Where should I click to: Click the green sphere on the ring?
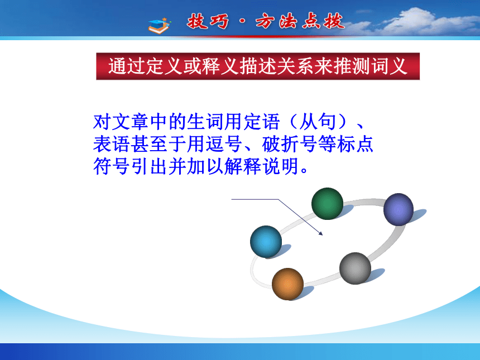(327, 204)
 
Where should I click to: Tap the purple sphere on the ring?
(399, 209)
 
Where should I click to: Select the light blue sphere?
(266, 242)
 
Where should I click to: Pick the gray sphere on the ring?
(355, 268)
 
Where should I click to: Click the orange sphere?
(287, 284)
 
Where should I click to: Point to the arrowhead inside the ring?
(321, 233)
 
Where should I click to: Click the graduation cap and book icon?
(160, 26)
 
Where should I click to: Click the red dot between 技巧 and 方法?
(242, 22)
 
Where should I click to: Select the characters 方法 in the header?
(276, 22)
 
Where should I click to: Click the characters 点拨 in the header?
(323, 22)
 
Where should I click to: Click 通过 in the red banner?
(127, 66)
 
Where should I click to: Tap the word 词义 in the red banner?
(389, 66)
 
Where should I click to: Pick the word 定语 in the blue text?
(261, 122)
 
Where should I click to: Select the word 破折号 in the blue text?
(290, 144)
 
